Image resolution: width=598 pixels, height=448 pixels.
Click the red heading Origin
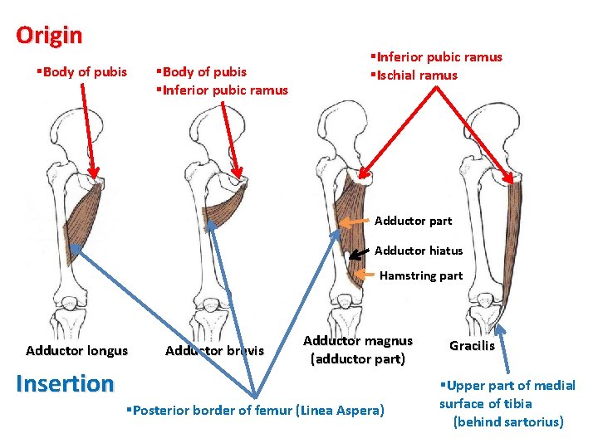click(49, 36)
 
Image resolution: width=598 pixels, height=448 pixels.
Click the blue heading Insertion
click(65, 383)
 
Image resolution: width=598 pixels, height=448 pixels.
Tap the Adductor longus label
click(76, 350)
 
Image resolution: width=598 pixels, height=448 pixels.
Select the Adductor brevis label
click(214, 350)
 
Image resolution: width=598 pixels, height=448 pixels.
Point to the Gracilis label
click(472, 345)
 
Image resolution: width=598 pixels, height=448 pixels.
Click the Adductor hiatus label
click(418, 250)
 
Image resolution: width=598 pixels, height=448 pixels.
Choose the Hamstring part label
click(420, 275)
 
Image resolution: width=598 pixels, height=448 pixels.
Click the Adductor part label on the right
click(413, 221)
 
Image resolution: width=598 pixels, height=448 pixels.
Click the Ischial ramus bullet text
click(416, 75)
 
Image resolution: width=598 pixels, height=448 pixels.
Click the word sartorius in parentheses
click(530, 421)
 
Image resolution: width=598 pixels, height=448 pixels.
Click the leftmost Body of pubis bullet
click(81, 72)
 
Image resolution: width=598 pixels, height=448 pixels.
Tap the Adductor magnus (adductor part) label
click(357, 349)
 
